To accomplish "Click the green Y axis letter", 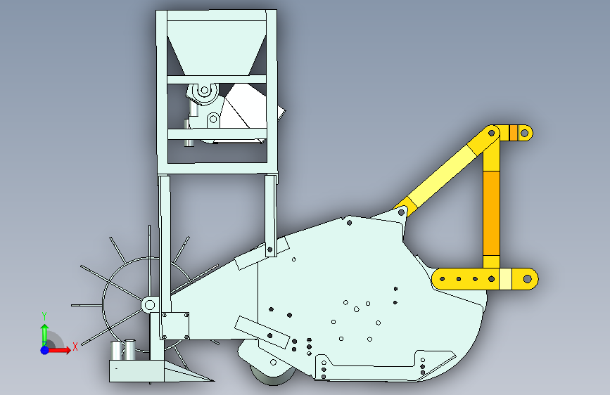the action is click(44, 316).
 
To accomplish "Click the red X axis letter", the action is click(75, 347).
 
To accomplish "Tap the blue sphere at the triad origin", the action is click(45, 350).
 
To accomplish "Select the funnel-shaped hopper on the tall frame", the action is click(217, 47).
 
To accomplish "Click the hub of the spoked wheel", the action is click(149, 304).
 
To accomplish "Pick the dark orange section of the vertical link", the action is click(491, 213).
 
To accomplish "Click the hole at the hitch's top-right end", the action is click(524, 134).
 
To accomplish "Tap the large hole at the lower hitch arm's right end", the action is click(527, 279).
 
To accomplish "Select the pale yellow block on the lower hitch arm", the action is click(505, 279).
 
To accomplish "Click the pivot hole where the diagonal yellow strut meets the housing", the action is click(401, 213).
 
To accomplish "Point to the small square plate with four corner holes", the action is click(175, 325).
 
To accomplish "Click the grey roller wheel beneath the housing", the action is click(272, 374).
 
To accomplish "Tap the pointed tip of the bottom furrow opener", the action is click(214, 380).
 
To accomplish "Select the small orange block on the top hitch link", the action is click(514, 133).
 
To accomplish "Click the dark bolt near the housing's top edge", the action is click(349, 223).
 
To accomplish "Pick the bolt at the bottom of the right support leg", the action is click(270, 250).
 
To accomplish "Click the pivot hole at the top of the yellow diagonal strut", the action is click(491, 133).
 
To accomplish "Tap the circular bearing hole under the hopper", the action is click(204, 91).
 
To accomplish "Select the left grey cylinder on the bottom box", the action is click(116, 350).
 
